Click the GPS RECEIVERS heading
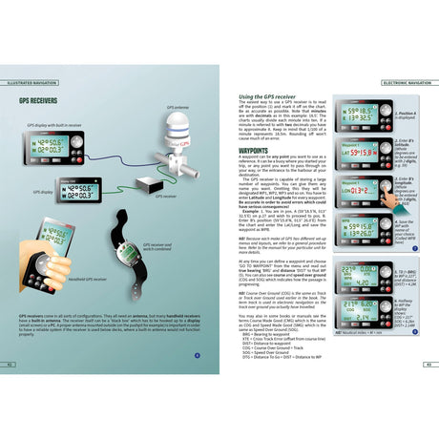pyautogui.click(x=34, y=98)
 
